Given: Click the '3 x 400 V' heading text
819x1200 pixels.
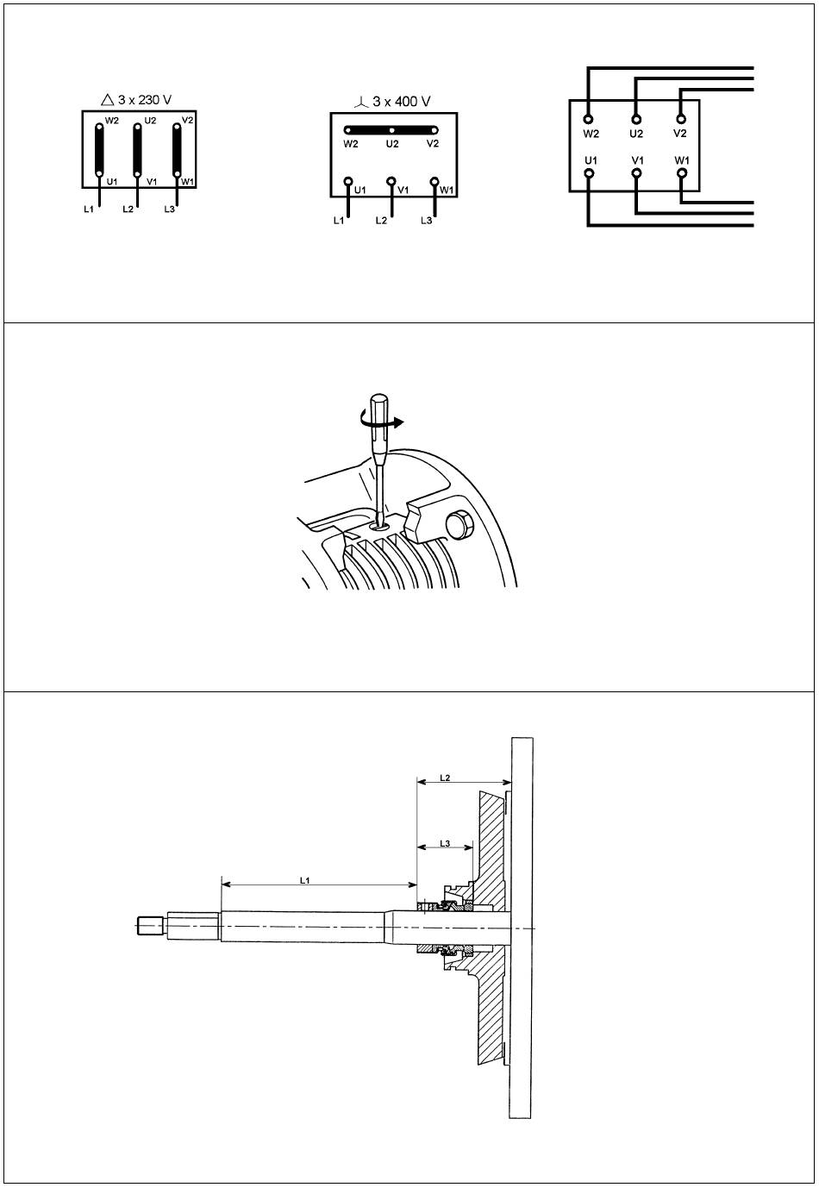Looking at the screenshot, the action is click(402, 102).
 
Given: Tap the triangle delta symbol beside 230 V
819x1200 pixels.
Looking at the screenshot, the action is click(108, 100).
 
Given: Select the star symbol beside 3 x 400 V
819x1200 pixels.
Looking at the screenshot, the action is click(361, 102).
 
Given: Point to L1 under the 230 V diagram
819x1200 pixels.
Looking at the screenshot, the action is click(89, 209).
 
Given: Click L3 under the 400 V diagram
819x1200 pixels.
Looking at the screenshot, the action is click(426, 221).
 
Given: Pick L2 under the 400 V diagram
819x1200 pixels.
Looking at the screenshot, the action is click(381, 221).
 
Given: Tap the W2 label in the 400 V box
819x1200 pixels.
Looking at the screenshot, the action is click(350, 144).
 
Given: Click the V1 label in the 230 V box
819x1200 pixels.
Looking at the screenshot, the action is click(152, 182).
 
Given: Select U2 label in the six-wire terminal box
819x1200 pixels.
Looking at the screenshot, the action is click(636, 134).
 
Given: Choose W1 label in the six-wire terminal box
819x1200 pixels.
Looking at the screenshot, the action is click(682, 159).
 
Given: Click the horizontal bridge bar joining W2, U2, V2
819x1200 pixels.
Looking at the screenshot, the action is click(391, 129).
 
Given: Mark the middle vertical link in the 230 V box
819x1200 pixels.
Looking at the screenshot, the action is click(137, 150).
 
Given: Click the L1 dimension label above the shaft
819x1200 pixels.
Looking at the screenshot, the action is click(304, 880).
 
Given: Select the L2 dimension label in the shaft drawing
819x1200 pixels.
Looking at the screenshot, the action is click(444, 777).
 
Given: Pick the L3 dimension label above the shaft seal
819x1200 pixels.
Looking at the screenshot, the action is click(444, 843).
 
